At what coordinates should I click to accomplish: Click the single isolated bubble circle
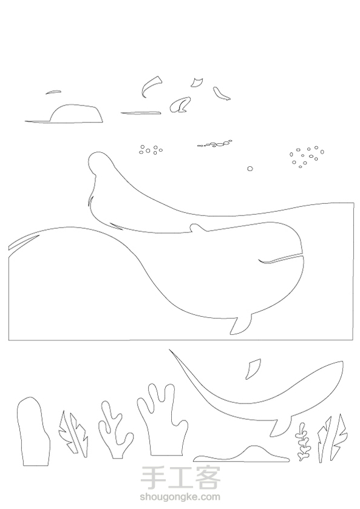250,169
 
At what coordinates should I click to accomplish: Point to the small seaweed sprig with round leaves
304,442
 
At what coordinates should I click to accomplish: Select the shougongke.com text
180,497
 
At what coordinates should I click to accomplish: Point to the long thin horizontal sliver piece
141,113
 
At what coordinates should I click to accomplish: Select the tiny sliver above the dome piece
53,92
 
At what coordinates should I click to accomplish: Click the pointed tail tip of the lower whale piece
169,350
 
